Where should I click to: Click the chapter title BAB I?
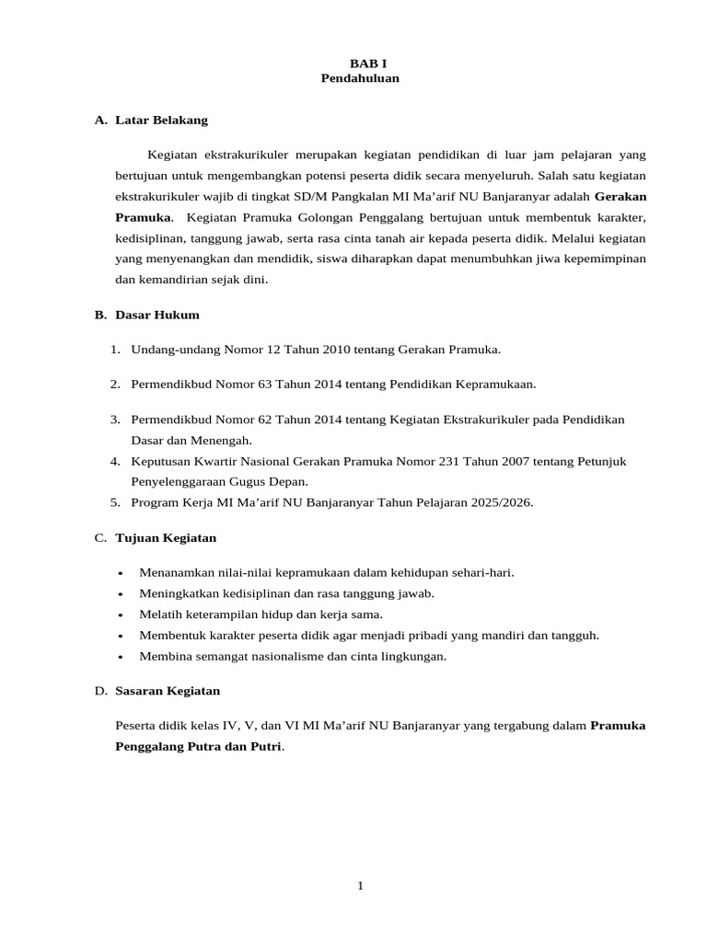(361, 63)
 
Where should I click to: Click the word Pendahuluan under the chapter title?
(360, 78)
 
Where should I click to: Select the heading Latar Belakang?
(162, 120)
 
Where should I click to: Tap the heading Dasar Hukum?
(157, 315)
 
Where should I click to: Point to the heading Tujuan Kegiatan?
(166, 537)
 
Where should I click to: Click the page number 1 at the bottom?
(361, 885)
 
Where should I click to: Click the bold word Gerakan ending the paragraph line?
(620, 196)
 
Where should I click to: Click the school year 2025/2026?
(499, 502)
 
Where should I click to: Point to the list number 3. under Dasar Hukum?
(115, 419)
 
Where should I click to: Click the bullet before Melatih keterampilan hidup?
(121, 615)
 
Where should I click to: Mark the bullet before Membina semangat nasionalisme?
(121, 657)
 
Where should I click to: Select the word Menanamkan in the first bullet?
(172, 572)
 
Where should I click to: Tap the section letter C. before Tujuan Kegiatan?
(100, 537)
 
